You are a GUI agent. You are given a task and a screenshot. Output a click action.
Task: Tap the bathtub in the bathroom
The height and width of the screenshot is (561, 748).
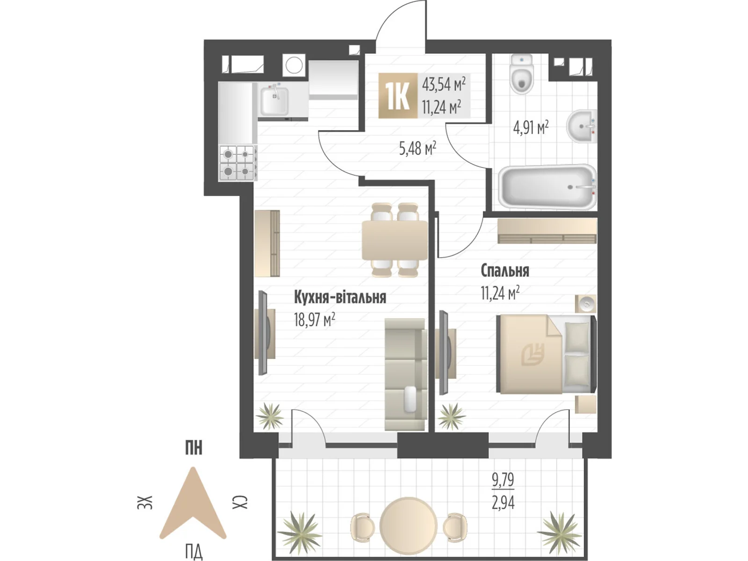[547, 187]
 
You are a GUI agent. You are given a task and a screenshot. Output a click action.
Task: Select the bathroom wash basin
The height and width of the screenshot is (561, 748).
[582, 126]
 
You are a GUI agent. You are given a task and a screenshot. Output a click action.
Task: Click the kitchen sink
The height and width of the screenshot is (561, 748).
[274, 101]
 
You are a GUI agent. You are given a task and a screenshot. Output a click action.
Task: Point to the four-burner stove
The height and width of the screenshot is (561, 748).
[237, 163]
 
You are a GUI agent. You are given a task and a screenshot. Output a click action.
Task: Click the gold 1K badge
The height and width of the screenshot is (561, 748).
[398, 96]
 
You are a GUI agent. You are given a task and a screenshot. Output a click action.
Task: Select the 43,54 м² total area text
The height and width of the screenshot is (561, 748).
[443, 84]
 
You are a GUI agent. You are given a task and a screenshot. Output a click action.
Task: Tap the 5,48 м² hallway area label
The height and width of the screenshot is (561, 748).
[417, 149]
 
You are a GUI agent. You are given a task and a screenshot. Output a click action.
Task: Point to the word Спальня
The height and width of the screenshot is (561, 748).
[505, 271]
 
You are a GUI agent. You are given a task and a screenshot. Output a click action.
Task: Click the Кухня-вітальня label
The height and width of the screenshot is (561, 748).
[340, 297]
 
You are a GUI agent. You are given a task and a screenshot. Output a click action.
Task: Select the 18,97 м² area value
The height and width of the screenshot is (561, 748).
[314, 320]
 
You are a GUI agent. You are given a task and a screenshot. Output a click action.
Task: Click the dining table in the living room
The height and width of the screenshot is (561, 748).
[395, 240]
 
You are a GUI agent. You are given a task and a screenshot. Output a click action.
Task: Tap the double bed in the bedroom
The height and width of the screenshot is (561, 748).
[546, 354]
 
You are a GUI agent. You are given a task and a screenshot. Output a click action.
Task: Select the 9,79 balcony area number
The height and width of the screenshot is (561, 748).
[503, 480]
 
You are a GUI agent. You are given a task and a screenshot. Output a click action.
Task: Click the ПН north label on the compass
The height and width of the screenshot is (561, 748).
[194, 447]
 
